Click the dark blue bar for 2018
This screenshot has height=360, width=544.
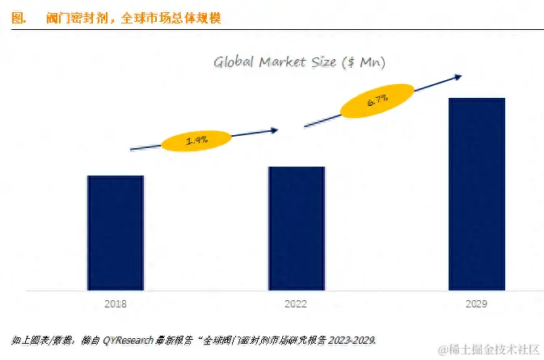tap(116, 232)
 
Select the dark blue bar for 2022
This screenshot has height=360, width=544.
tap(297, 228)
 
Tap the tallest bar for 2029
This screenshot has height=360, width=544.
tap(477, 193)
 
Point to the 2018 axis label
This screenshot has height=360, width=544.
tap(116, 303)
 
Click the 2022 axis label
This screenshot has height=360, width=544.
tap(297, 303)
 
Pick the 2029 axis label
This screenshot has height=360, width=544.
tap(477, 303)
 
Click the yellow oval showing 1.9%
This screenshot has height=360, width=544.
tap(197, 141)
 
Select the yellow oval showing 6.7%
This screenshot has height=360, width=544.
tap(377, 101)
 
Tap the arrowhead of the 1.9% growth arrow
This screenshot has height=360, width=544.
tap(273, 129)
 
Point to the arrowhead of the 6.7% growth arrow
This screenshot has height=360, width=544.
tap(457, 78)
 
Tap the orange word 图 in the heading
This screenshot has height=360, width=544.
tap(19, 17)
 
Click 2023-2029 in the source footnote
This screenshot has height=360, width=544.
tap(352, 337)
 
